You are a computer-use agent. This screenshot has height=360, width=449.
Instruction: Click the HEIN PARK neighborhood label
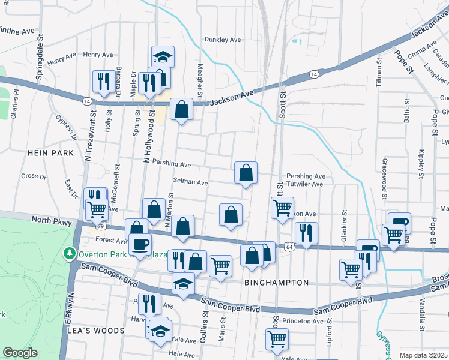tap(50, 153)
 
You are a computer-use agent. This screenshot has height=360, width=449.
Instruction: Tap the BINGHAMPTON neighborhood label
tap(277, 282)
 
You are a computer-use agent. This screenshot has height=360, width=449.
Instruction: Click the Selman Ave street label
tap(190, 182)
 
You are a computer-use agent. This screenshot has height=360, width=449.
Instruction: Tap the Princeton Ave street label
tap(304, 321)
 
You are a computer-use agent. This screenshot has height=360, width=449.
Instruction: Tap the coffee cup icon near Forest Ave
tap(141, 244)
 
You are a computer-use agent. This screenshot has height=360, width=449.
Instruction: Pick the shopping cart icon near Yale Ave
tap(277, 338)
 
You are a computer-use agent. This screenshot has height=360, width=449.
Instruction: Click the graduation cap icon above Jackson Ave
tap(162, 57)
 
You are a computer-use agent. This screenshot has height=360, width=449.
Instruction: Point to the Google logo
tap(20, 353)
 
